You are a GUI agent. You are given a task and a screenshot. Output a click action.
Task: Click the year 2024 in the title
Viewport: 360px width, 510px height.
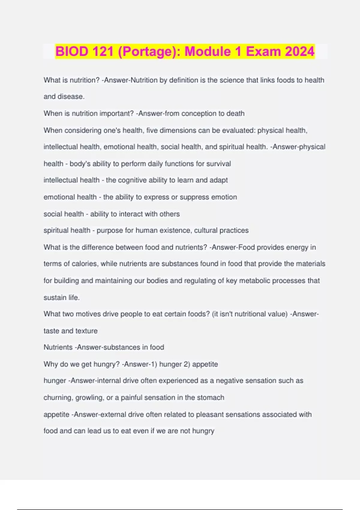pyautogui.click(x=300, y=51)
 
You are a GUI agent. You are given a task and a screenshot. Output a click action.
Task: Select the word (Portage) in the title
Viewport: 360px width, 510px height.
pyautogui.click(x=147, y=51)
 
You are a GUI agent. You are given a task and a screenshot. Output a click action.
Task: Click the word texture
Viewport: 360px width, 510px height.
pyautogui.click(x=87, y=331)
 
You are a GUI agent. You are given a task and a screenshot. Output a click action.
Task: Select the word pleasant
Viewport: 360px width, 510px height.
pyautogui.click(x=210, y=415)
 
